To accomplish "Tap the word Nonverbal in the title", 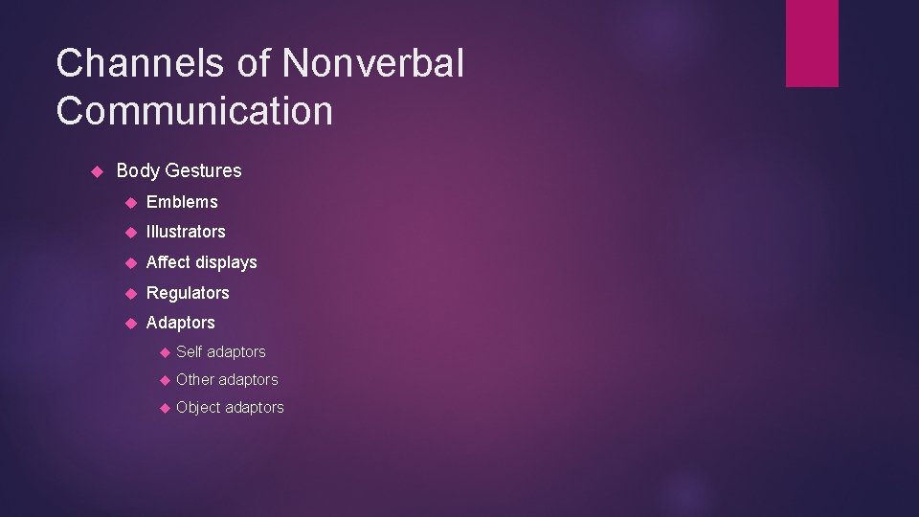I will point(373,64).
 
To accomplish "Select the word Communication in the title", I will point(194,111).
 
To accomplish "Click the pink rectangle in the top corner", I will point(812,43).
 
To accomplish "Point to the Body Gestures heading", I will point(178,170).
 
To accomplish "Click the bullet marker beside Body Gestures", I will point(95,170).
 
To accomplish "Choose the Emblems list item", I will point(182,202).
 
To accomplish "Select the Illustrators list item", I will point(186,232).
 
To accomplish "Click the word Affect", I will point(168,262).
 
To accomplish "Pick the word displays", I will point(227,262).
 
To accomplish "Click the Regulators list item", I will point(188,293).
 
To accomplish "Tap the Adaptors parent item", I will point(180,323).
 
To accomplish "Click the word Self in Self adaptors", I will point(190,352).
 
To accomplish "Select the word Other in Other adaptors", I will point(195,380).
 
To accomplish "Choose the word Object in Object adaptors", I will point(198,408).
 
